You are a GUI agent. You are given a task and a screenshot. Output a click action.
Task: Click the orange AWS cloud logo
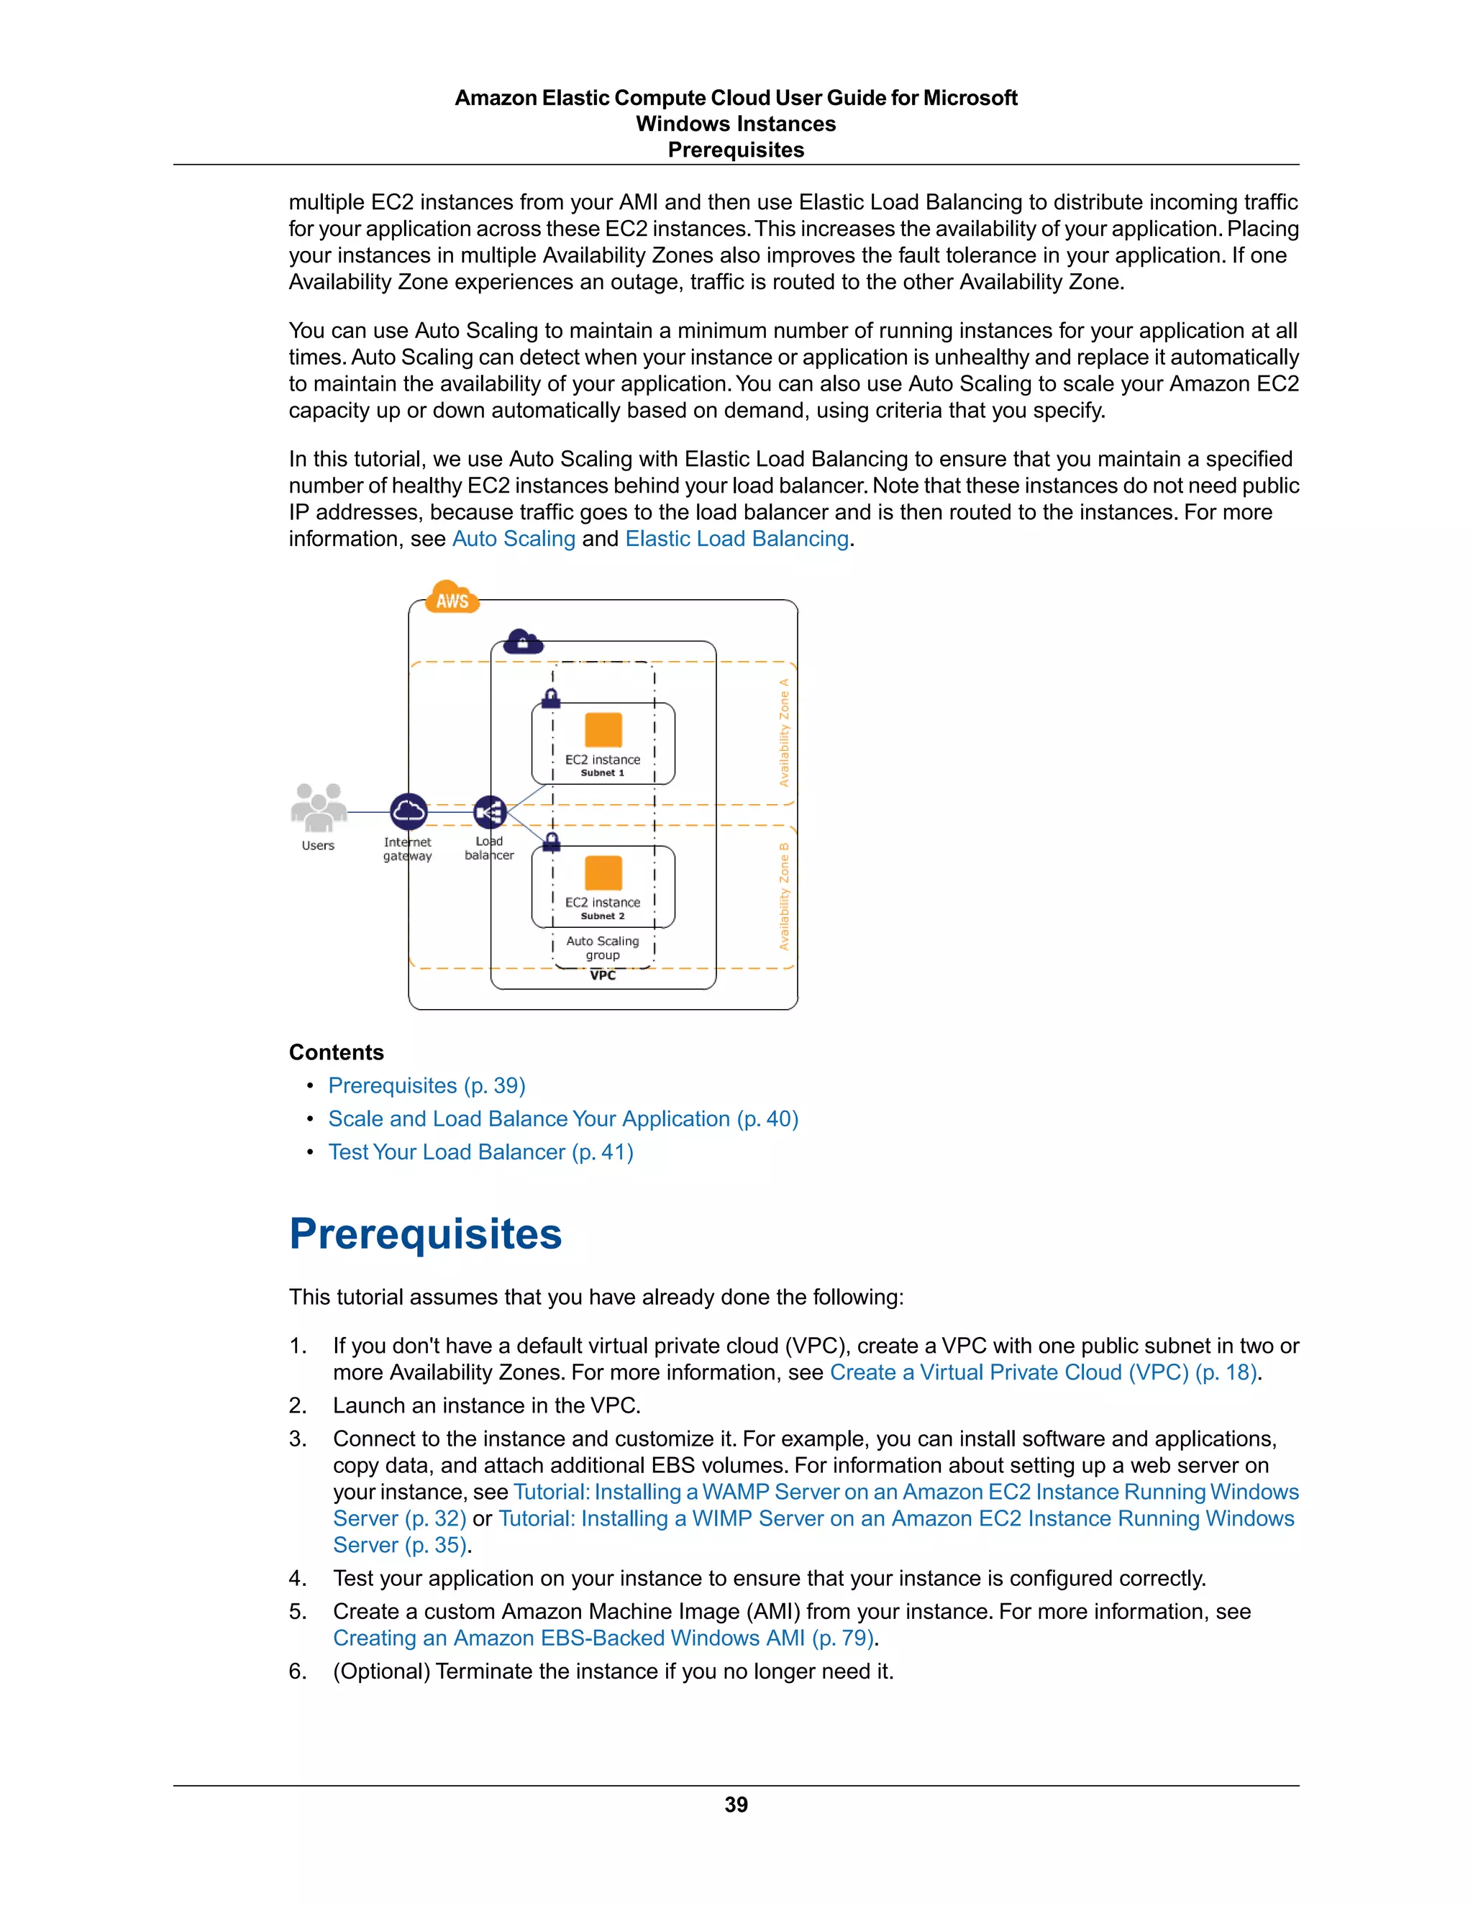click(x=452, y=598)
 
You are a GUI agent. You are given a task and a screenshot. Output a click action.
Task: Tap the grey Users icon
click(x=319, y=807)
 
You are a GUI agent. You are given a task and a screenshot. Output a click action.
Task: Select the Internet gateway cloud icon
click(x=409, y=811)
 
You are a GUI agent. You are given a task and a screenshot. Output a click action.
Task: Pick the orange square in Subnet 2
click(x=603, y=872)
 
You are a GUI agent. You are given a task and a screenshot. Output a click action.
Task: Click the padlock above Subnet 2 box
click(x=552, y=842)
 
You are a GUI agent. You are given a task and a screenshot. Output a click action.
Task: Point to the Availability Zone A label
click(x=784, y=732)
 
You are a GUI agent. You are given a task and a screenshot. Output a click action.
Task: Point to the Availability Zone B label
click(x=784, y=896)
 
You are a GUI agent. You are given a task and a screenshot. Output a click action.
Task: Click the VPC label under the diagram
click(x=603, y=976)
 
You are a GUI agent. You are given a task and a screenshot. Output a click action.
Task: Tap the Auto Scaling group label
click(x=603, y=948)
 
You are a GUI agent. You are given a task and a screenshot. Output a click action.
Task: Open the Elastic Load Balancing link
click(x=736, y=539)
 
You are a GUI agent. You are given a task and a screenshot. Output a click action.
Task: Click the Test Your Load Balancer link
click(x=480, y=1152)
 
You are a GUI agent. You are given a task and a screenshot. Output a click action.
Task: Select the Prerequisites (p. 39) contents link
click(x=426, y=1085)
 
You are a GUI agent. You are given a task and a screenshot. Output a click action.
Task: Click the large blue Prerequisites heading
click(x=425, y=1234)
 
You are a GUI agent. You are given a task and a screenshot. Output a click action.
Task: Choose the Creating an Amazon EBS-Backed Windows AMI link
click(x=603, y=1638)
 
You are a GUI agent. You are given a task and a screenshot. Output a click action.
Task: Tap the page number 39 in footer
click(x=736, y=1805)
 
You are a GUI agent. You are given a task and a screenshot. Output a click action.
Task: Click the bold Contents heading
click(x=336, y=1052)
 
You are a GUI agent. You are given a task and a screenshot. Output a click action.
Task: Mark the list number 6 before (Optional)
click(x=298, y=1672)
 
